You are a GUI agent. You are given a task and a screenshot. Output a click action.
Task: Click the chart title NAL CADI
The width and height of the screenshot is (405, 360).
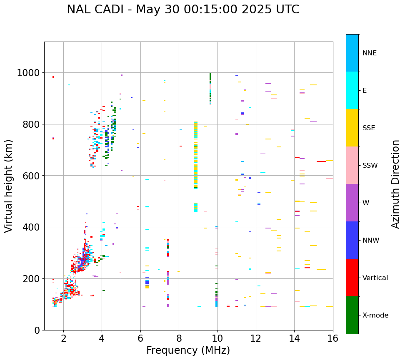(183, 10)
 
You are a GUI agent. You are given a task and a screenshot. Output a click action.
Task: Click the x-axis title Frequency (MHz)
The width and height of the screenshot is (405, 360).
(188, 350)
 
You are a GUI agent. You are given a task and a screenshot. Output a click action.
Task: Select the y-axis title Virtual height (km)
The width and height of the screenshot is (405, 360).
(9, 186)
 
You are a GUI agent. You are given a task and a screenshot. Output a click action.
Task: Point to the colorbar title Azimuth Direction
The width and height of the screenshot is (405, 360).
(395, 184)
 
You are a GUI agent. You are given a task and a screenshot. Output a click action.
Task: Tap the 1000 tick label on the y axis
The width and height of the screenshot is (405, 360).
(28, 73)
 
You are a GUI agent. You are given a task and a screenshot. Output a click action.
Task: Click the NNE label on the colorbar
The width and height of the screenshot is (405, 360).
(369, 53)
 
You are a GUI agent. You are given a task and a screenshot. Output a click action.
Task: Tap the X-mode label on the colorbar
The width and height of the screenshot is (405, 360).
(375, 315)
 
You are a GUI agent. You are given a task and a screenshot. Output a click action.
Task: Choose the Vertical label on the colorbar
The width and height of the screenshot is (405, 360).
(375, 278)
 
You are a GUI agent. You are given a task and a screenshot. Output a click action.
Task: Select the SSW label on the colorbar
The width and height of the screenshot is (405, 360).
(370, 166)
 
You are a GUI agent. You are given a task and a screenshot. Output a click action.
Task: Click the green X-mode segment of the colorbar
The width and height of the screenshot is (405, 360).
(352, 315)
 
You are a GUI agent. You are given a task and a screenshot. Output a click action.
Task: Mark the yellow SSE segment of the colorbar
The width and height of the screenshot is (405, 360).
(352, 128)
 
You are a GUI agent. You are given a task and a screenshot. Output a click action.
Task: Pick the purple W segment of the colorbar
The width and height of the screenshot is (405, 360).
(352, 203)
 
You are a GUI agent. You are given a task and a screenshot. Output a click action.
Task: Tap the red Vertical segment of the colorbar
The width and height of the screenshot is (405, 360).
(352, 278)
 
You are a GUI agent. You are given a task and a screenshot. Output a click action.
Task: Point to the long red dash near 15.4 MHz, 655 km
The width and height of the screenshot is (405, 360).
(321, 161)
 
